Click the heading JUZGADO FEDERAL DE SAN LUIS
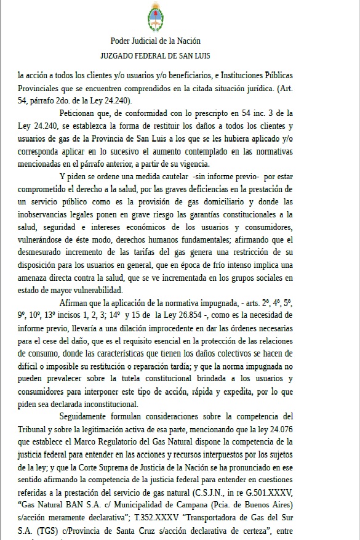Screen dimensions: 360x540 coord(155,55)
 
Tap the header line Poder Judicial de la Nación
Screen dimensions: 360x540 coord(155,41)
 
